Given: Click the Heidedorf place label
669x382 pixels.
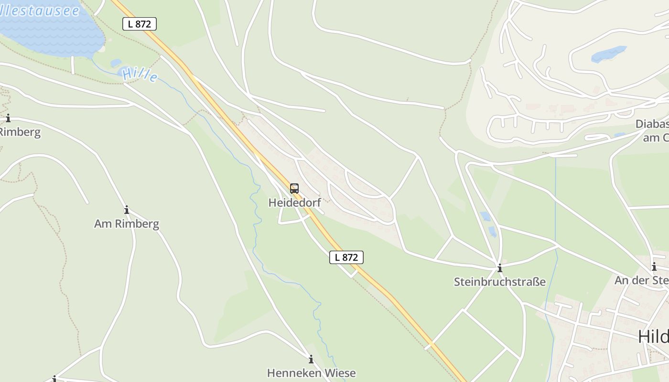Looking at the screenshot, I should (x=294, y=202).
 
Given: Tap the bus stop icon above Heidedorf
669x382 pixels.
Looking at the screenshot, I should (x=294, y=188).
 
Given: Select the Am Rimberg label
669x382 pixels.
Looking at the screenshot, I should (x=127, y=223).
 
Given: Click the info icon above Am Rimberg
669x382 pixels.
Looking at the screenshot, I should (x=127, y=210).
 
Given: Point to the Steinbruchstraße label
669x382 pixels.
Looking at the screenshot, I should (x=499, y=282).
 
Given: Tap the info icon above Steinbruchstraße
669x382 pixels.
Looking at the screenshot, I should (x=500, y=268).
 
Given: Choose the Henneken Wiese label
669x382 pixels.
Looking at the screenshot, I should (x=311, y=373).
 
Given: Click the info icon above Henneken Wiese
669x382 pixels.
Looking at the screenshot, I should (x=311, y=359).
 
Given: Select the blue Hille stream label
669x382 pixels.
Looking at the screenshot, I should (x=140, y=74).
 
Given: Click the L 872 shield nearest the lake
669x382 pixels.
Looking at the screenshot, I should (x=140, y=24).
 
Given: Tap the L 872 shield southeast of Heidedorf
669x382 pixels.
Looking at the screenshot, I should (x=346, y=257).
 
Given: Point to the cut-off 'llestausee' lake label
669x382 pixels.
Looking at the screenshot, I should (x=40, y=11).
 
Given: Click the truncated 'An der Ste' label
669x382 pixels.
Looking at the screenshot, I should (x=642, y=280).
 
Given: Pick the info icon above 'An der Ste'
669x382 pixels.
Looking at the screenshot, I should (x=654, y=266).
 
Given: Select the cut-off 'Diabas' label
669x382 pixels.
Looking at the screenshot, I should (x=652, y=124).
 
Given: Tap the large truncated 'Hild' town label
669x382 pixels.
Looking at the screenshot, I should (x=653, y=337).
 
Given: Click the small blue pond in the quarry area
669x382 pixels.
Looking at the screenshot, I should (x=608, y=54).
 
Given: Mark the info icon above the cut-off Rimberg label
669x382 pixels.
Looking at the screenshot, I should (x=8, y=118).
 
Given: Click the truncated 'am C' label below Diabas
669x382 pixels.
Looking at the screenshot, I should (x=656, y=138).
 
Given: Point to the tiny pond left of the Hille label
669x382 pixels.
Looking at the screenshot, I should (x=116, y=63).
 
